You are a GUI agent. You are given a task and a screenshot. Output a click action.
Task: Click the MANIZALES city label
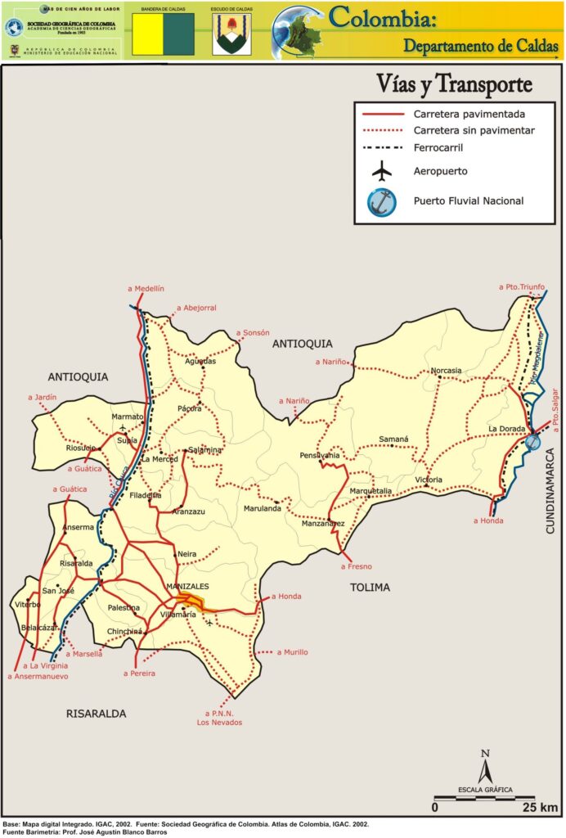point(187,587)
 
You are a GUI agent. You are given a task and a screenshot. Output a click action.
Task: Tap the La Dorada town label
point(505,429)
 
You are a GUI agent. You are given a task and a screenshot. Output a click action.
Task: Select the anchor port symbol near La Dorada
point(532,442)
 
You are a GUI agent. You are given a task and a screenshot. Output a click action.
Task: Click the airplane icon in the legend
point(382,171)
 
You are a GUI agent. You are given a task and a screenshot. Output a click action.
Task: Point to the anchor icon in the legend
point(382,200)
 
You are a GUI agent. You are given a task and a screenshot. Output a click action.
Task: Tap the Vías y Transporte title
point(454,83)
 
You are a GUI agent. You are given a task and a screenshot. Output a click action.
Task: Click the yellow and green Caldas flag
point(164,34)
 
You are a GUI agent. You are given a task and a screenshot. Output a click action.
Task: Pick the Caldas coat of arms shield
point(231,34)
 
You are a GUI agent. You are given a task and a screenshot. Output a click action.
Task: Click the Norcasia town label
point(446,370)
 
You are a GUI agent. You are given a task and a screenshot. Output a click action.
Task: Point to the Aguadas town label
point(200,361)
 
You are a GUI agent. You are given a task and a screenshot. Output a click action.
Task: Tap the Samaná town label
point(393,439)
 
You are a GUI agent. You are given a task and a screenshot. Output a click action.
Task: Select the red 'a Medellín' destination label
point(146,289)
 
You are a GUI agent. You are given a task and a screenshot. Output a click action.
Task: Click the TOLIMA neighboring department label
point(370,587)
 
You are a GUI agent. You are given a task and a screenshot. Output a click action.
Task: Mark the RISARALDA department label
point(96,714)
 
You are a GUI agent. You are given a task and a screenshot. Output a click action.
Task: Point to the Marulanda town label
point(262,509)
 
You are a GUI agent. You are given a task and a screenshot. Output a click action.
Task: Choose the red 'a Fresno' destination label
point(356,566)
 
